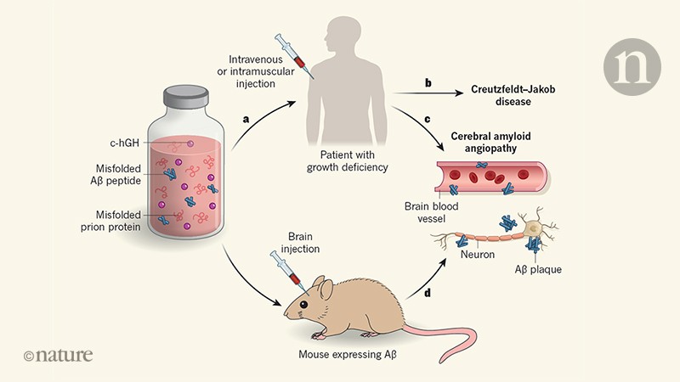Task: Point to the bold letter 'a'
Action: tap(246, 121)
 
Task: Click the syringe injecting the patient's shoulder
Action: tap(290, 52)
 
